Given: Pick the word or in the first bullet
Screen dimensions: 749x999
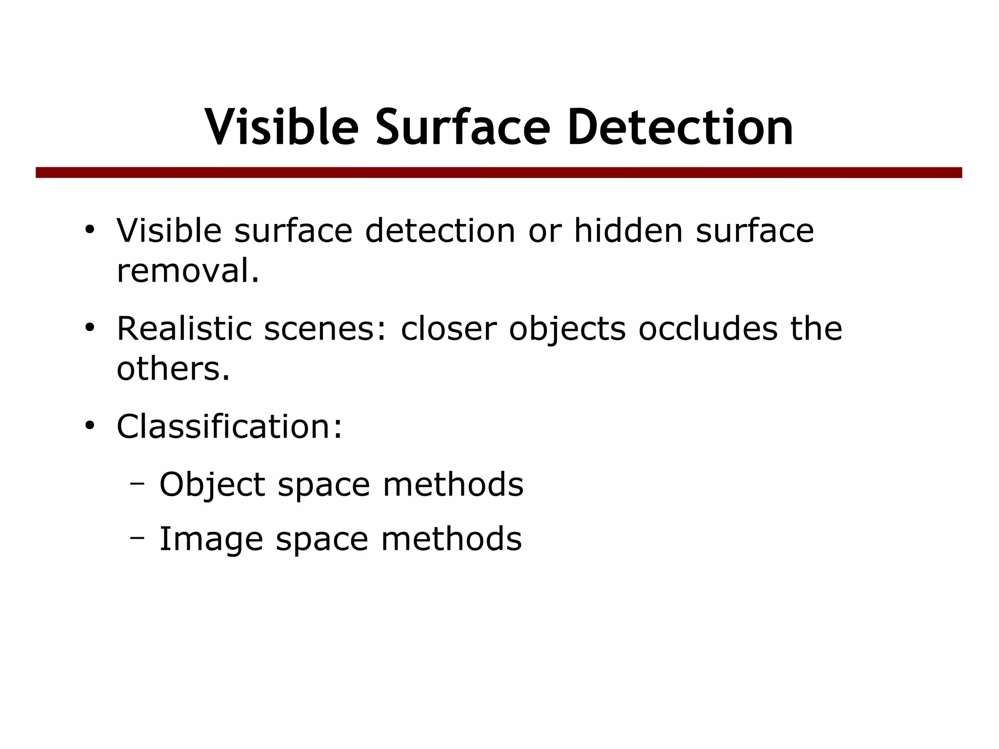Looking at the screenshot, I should [x=545, y=231].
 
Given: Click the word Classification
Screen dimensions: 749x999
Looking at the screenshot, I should [x=229, y=426].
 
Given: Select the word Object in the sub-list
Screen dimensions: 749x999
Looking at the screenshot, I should [x=212, y=485].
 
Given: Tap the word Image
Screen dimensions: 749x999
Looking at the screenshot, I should [x=211, y=540].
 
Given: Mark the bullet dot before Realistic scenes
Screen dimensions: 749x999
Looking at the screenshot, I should [x=89, y=327].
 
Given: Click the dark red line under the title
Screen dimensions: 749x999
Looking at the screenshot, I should [x=499, y=173].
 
